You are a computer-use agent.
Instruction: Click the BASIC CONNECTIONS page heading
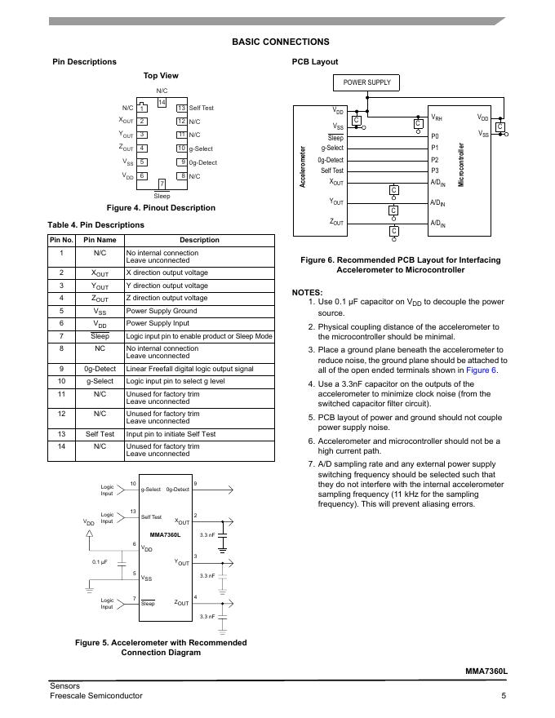280,42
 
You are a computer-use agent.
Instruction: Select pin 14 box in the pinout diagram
162,103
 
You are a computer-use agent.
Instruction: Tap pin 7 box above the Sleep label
162,184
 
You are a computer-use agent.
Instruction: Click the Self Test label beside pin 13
202,108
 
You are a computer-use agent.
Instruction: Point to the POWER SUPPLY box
366,82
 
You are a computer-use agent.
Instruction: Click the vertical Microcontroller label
461,164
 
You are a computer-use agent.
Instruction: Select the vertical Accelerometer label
304,167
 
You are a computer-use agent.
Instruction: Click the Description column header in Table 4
199,240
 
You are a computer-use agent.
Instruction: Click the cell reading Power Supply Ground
162,311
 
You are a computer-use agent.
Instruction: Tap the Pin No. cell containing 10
61,381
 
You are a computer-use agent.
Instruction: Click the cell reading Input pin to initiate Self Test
171,434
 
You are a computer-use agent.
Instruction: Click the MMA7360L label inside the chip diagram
165,534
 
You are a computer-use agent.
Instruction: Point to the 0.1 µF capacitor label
100,562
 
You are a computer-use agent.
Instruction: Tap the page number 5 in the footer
504,696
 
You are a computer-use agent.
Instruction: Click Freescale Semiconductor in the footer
95,696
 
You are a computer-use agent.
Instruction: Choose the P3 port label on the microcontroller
435,171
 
